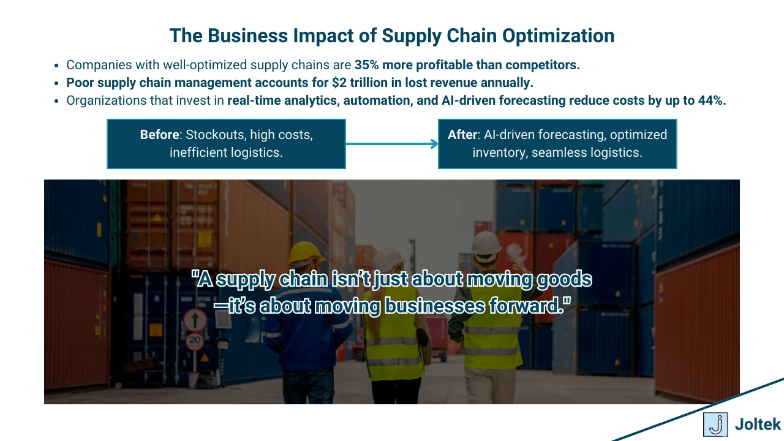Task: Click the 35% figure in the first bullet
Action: (367, 65)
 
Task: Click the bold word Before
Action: (159, 135)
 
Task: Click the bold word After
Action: (462, 135)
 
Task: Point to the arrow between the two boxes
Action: (392, 144)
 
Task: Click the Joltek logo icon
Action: (715, 424)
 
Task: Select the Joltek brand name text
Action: (758, 424)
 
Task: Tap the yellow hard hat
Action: (306, 252)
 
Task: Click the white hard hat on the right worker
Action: (486, 242)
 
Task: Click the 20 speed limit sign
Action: (195, 341)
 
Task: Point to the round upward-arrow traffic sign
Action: (195, 319)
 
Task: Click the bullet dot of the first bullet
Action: (56, 66)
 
